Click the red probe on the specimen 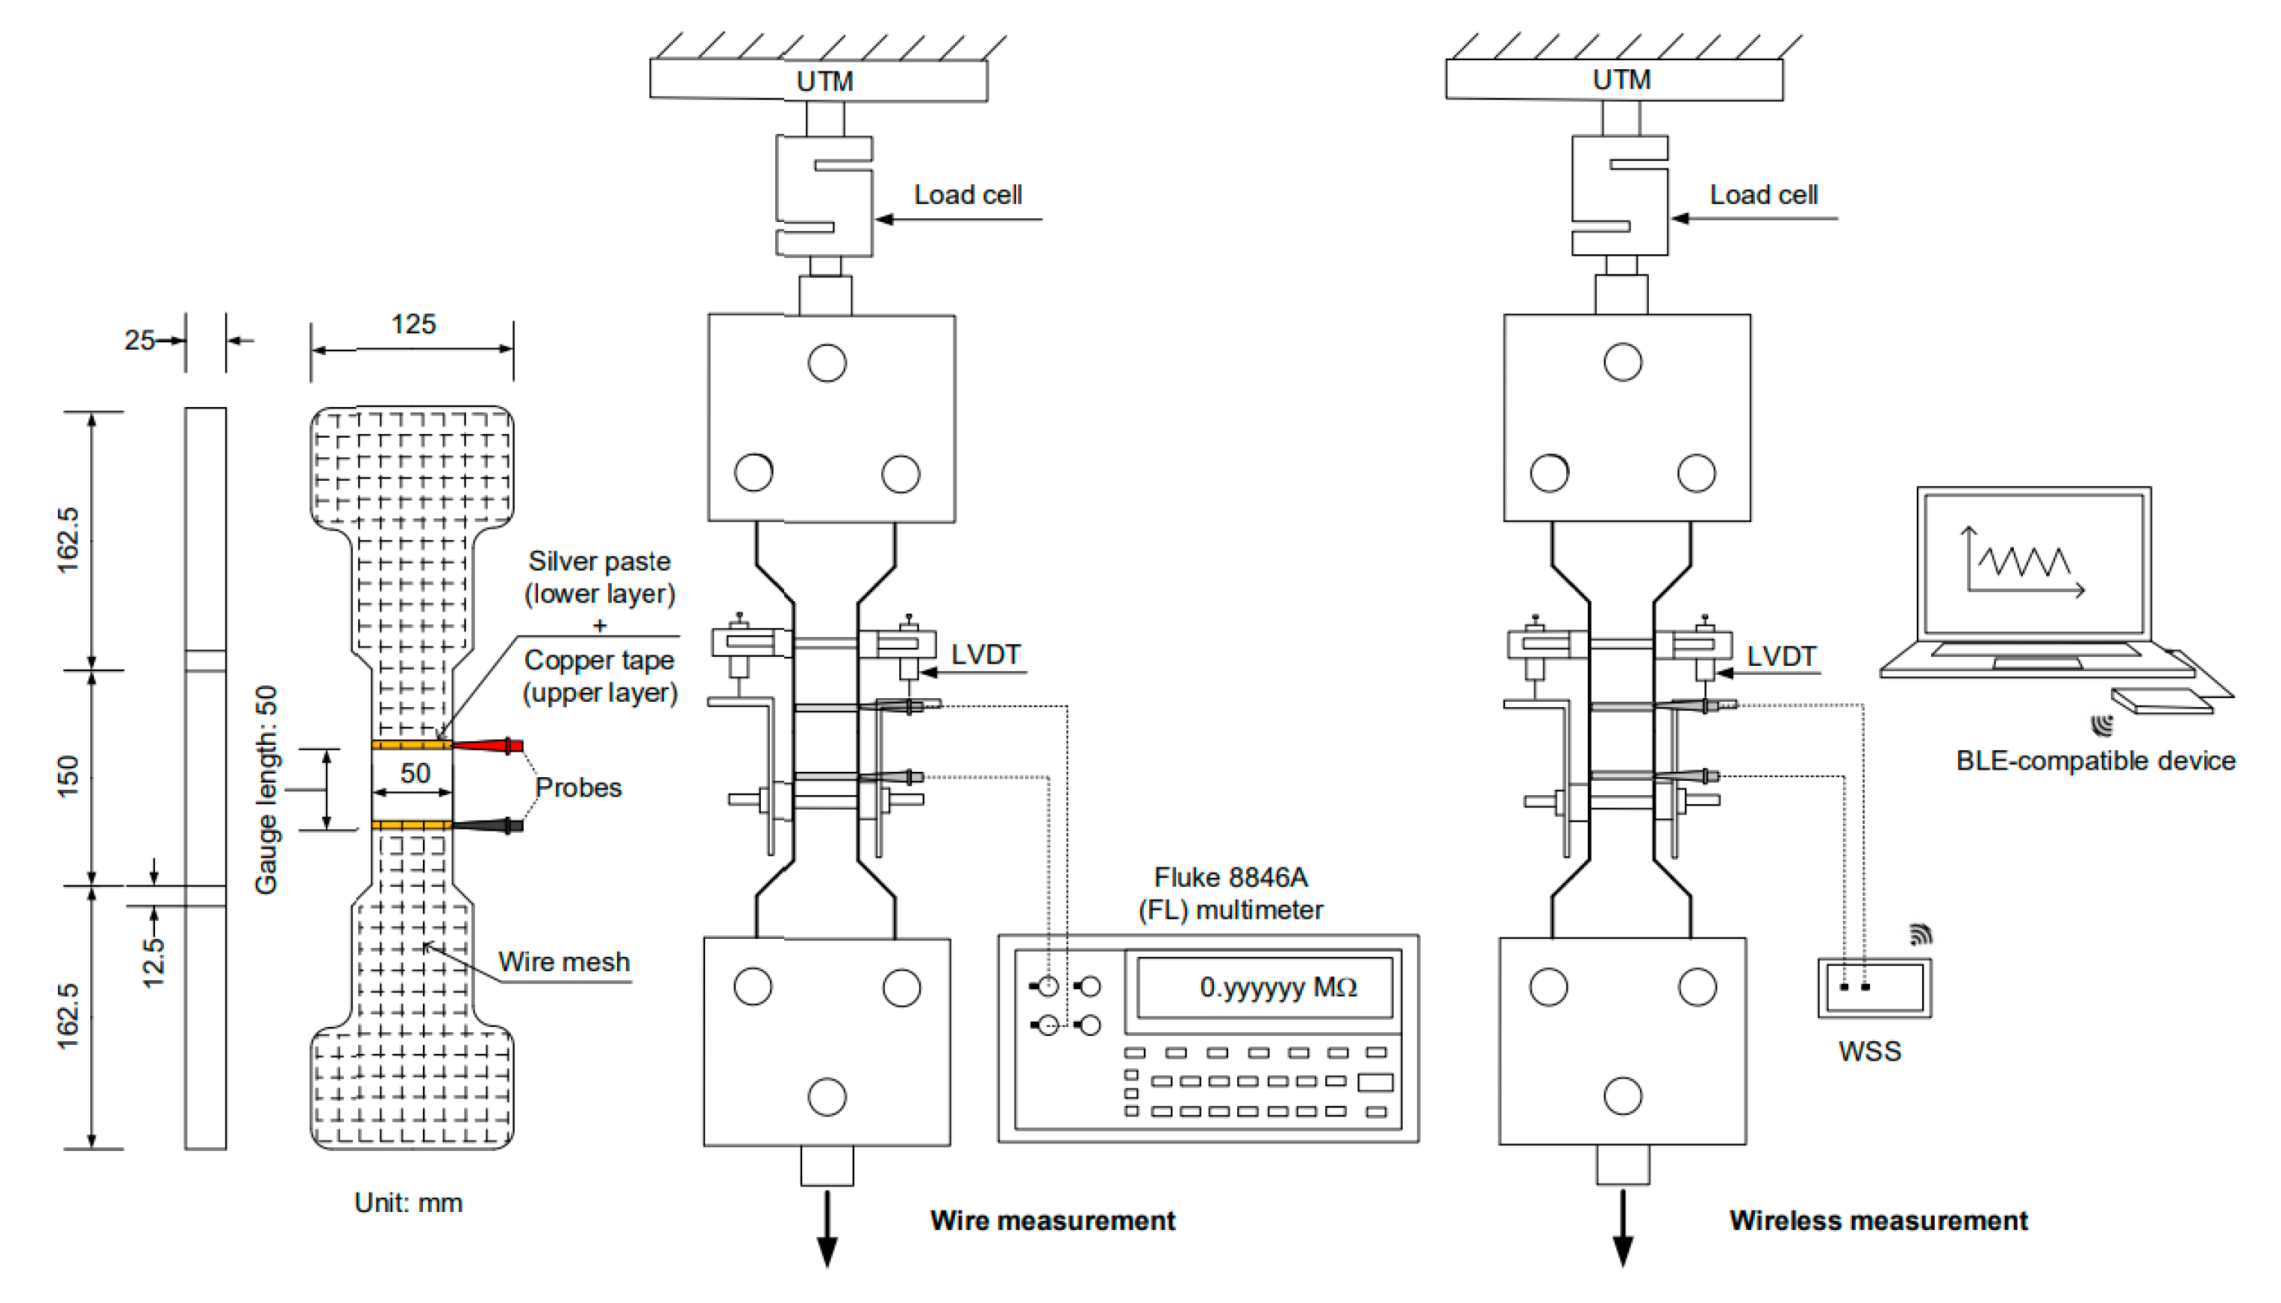pos(488,746)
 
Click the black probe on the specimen pos(488,825)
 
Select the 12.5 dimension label pos(154,962)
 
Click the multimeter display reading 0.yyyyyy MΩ pos(1265,987)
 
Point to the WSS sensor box pos(1875,988)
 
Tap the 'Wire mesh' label pos(563,962)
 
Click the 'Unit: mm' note pos(408,1203)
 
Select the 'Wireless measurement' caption pos(1878,1221)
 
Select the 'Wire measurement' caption pos(1052,1221)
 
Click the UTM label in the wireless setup pos(1621,80)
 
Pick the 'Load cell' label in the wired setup pos(967,195)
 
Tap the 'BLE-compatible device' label pos(2095,761)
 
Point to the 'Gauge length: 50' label pos(266,789)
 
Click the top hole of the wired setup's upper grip pos(826,363)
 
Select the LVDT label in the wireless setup pos(1781,656)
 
